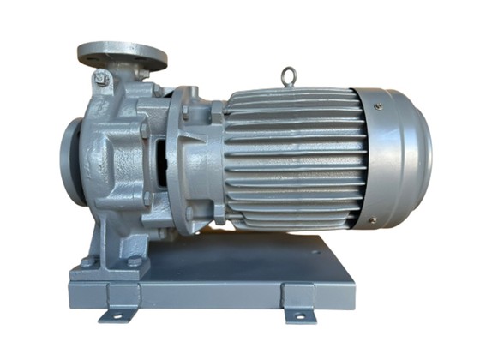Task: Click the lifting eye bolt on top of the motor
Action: [x=288, y=78]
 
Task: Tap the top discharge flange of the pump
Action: [x=122, y=53]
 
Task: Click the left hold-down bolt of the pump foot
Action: [x=86, y=262]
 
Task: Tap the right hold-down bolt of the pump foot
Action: [x=135, y=261]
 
